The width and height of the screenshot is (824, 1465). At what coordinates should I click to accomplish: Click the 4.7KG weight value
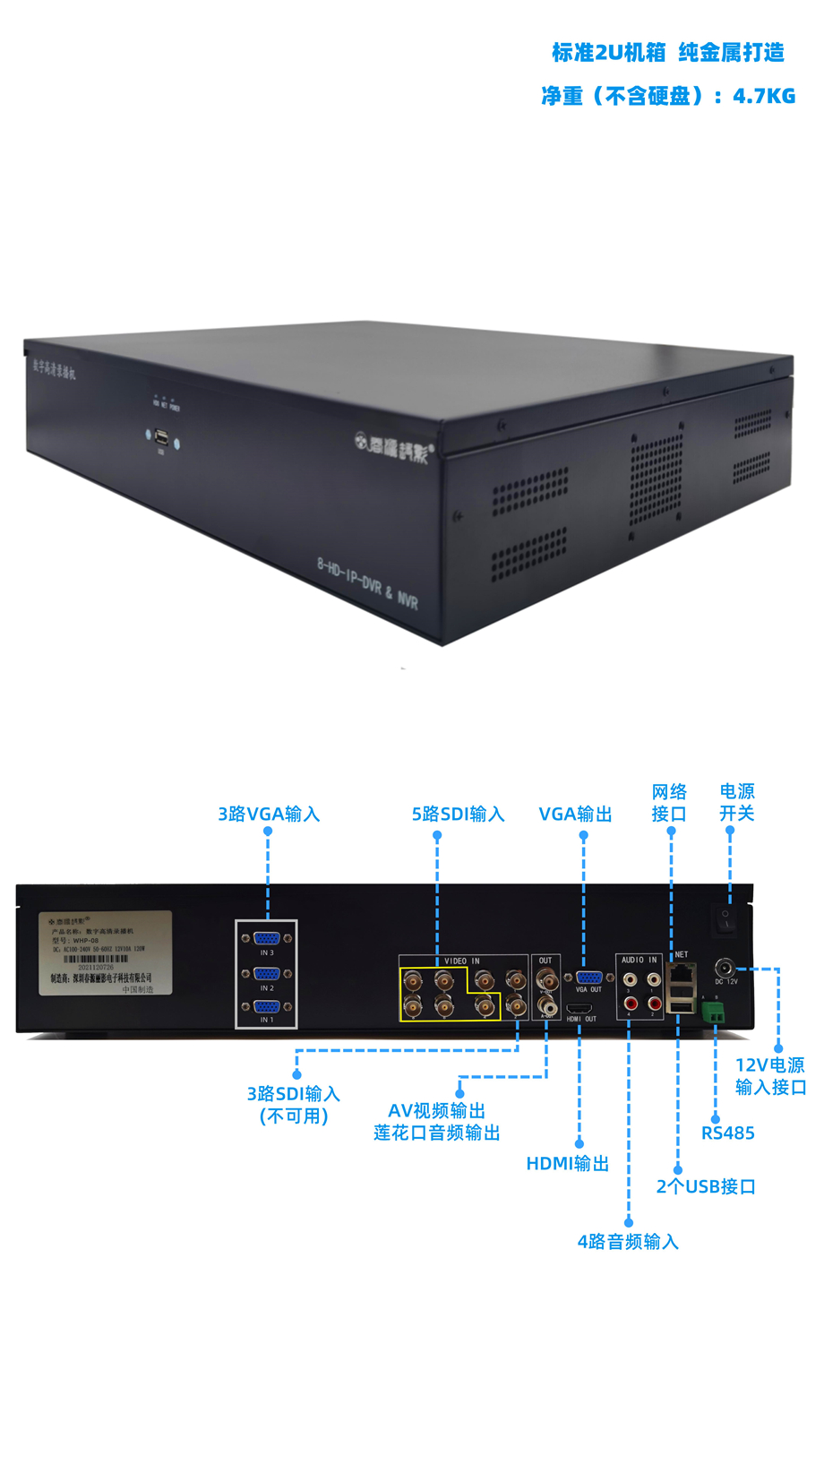point(764,96)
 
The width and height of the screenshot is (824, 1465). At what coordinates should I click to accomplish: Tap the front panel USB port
point(162,438)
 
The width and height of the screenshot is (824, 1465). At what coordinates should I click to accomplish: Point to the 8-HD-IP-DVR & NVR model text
point(367,583)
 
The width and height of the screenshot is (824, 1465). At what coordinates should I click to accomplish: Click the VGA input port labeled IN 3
point(267,938)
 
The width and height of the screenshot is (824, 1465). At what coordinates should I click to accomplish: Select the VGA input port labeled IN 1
point(267,1007)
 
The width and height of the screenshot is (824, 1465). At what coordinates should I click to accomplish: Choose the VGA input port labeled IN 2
point(267,973)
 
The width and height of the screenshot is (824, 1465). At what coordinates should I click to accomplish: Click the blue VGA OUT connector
point(588,978)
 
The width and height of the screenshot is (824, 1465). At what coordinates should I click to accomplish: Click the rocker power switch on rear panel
point(726,918)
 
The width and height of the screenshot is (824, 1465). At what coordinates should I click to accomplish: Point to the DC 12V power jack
point(724,968)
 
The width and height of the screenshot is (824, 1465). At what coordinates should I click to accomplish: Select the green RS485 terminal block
point(714,1012)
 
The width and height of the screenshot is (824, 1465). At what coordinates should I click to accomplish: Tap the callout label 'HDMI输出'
point(568,1164)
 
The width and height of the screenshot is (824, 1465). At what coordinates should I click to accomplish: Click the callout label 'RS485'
point(727,1133)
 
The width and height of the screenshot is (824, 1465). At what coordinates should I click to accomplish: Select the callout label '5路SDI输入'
point(458,814)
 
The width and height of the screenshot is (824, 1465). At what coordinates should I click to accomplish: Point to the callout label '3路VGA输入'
point(269,814)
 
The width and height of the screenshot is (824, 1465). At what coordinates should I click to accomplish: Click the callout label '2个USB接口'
point(706,1187)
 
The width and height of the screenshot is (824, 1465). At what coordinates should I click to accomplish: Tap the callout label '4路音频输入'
point(628,1242)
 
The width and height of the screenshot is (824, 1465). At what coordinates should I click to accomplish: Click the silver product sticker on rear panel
point(105,953)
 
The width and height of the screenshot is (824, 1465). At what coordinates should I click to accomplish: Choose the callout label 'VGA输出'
point(575,814)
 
